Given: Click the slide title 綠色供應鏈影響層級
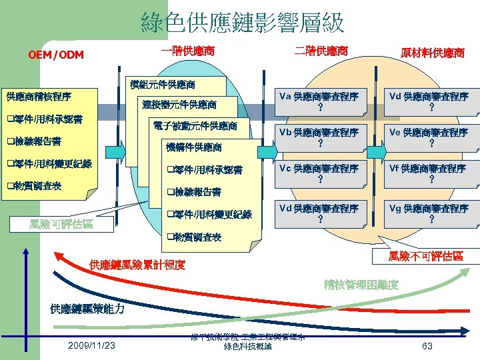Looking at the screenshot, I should (243, 23).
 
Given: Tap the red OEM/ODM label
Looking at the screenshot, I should (56, 55).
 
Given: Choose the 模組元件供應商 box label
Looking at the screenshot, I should (163, 85).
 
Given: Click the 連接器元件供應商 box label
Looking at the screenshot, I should (179, 105).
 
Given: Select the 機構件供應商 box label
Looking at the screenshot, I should (194, 147).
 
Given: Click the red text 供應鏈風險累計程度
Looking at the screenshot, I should (137, 265).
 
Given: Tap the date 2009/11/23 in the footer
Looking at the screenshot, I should (91, 345).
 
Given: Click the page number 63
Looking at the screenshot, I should (427, 345).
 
